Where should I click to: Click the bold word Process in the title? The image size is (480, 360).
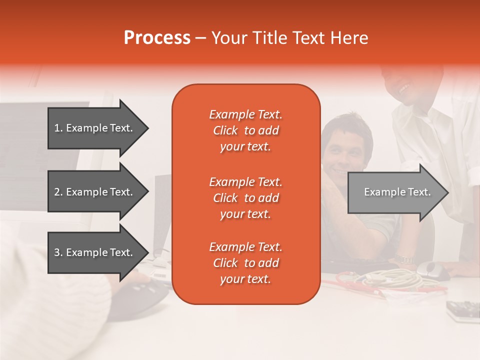(157, 38)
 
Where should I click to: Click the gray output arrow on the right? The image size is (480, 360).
(397, 192)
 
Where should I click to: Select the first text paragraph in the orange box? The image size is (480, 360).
(245, 130)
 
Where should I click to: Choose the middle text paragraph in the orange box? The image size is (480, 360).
(245, 198)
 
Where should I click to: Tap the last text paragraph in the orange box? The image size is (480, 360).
(245, 263)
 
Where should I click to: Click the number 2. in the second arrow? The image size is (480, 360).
(58, 192)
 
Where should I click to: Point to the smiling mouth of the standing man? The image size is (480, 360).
(404, 88)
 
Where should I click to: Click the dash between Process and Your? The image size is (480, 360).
(200, 38)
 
